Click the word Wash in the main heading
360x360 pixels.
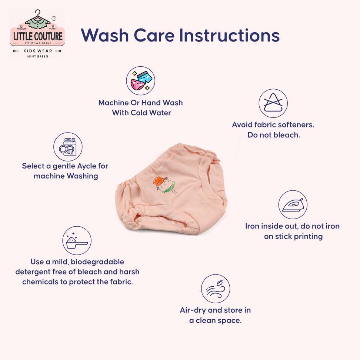point(105,35)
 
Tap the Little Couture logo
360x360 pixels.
point(37,34)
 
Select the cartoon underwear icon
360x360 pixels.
point(140,81)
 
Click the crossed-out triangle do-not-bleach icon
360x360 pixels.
point(273,103)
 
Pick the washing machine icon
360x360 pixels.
point(68,147)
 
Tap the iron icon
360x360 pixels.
point(293,204)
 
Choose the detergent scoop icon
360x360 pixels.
point(77,241)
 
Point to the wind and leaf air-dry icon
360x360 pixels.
point(215,289)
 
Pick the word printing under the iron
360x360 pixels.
point(309,236)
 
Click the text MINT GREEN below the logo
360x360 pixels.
point(38,56)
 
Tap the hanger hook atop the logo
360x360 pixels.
point(38,12)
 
